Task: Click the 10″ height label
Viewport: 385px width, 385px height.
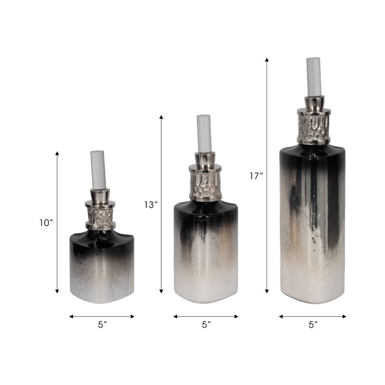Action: click(x=47, y=222)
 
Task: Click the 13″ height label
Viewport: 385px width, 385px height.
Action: click(x=151, y=205)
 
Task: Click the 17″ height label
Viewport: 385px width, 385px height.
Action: click(x=256, y=176)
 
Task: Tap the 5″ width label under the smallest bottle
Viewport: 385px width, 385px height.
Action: click(x=102, y=325)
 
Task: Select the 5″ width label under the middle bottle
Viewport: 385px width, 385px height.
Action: click(x=206, y=325)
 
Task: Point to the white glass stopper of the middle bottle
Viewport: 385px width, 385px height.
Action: click(x=204, y=133)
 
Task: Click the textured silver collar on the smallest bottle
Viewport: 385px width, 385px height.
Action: click(x=100, y=215)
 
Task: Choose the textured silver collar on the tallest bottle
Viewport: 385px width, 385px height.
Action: click(x=313, y=128)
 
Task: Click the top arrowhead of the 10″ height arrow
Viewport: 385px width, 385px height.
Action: click(x=57, y=154)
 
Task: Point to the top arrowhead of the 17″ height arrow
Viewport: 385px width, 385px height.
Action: click(x=267, y=60)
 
